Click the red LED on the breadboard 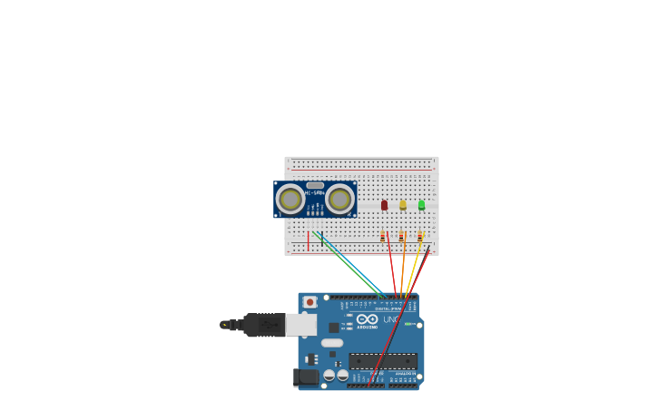coord(384,205)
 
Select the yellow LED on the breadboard coord(403,205)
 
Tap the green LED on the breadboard coord(421,205)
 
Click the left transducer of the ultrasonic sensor coord(290,199)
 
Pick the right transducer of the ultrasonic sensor coord(339,199)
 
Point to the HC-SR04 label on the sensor coord(315,192)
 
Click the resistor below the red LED coord(383,237)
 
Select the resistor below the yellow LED coord(401,237)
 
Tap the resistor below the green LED coord(419,237)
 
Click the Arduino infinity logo coord(367,320)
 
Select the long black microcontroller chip coord(383,361)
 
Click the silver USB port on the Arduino coord(301,324)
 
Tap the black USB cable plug coord(263,324)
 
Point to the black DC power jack coord(306,377)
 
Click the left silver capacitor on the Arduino coord(329,375)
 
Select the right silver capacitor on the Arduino coord(342,375)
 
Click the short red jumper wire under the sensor coord(308,241)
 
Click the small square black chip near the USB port coord(334,328)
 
